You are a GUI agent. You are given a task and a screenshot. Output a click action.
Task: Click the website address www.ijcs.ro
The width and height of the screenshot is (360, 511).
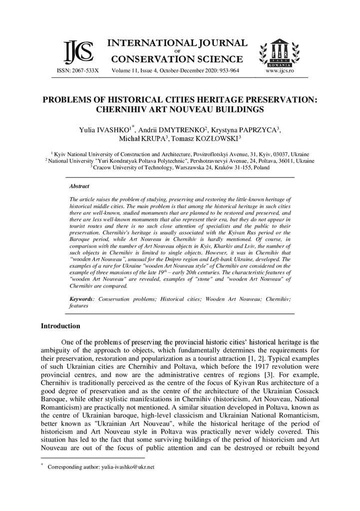point(280,71)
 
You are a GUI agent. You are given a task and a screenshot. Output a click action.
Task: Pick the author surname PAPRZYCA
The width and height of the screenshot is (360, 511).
point(256,130)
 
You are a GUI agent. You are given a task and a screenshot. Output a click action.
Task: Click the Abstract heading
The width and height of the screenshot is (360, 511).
point(79,186)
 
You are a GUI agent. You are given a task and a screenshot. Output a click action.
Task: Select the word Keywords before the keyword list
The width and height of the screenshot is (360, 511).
point(81,298)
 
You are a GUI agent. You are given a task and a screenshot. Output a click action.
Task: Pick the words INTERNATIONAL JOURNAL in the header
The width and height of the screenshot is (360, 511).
point(177,43)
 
